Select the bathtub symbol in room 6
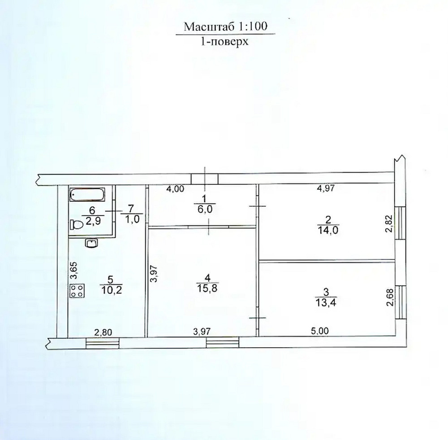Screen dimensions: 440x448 [88, 195]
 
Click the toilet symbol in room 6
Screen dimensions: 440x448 [76, 225]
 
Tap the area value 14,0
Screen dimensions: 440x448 [328, 228]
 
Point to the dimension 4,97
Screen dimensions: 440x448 [327, 189]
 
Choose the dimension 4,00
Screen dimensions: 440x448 [175, 189]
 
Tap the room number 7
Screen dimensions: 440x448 [131, 208]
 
